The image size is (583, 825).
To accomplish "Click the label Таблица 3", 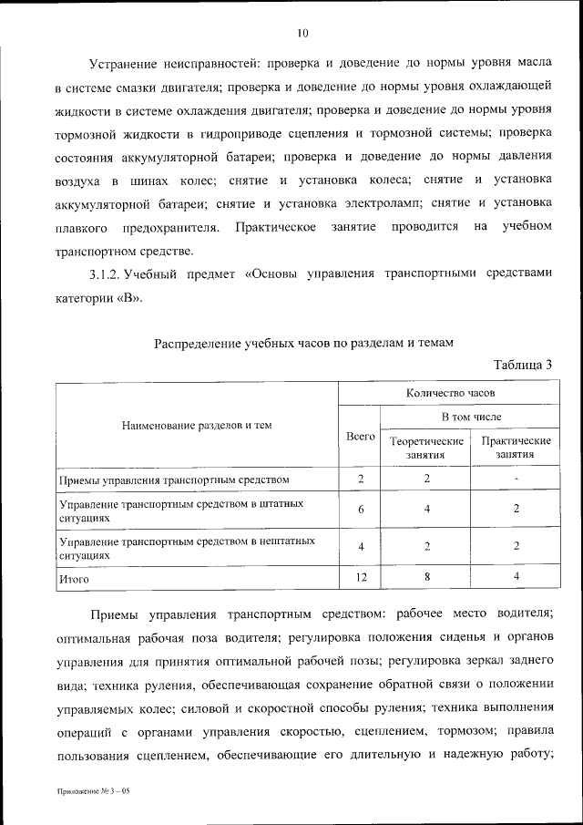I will click(523, 366).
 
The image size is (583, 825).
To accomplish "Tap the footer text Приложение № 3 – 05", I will click(92, 791).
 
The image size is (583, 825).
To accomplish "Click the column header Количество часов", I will click(450, 393).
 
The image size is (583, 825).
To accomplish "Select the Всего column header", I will click(361, 438).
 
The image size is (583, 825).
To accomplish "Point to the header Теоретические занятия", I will click(426, 447).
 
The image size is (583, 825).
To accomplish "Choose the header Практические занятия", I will click(516, 447).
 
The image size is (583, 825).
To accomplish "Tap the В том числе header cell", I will click(471, 416).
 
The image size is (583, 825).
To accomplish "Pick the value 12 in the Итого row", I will click(361, 577).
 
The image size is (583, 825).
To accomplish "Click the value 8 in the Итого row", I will click(426, 577).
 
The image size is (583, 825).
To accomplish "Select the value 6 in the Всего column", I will click(361, 510).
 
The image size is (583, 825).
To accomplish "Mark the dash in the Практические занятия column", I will click(516, 479).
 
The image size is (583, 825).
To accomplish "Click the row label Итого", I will click(74, 578).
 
